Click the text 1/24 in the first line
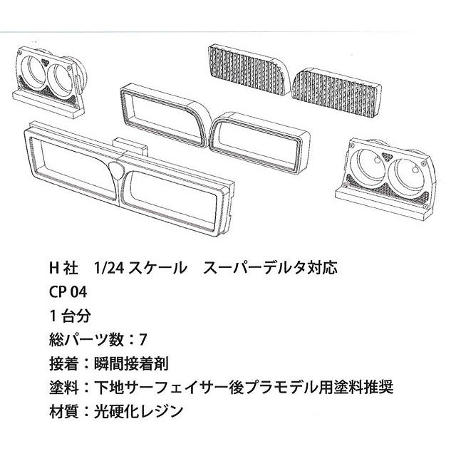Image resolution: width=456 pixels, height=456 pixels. coord(106,269)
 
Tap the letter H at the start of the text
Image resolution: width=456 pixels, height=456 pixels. coord(53,269)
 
